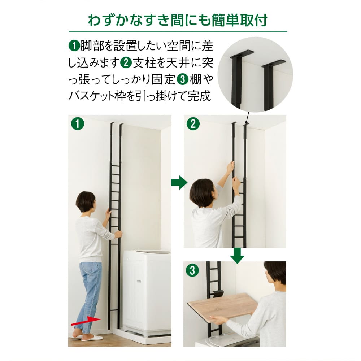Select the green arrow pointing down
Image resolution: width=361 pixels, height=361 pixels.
[x=237, y=255]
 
